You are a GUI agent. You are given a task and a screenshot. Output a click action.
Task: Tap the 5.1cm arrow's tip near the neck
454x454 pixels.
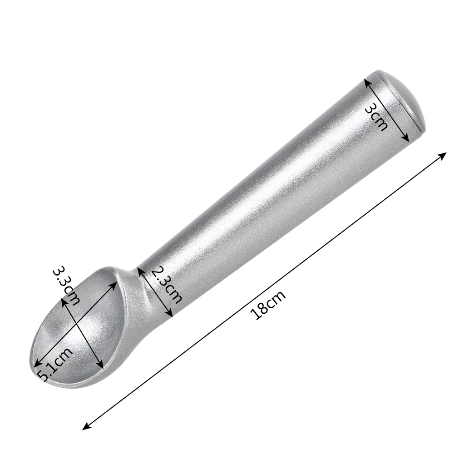pyautogui.click(x=116, y=282)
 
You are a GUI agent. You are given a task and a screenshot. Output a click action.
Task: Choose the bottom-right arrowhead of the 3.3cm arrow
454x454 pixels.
pyautogui.click(x=102, y=367)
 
